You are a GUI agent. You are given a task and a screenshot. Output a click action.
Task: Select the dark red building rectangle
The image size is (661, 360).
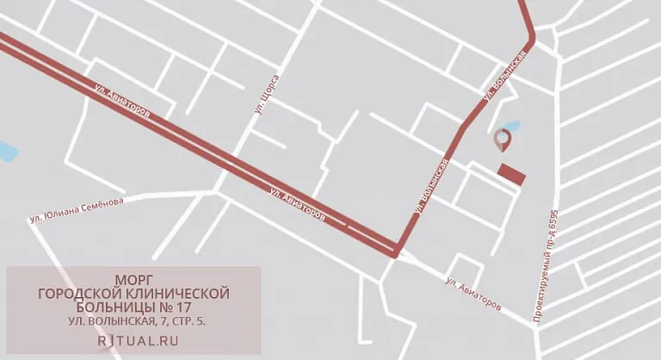pyautogui.click(x=512, y=174)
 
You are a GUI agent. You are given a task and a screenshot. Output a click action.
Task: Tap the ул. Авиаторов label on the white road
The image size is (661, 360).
pyautogui.click(x=473, y=294)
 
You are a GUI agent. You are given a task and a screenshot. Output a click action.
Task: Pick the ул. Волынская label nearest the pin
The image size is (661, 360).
pyautogui.click(x=505, y=77)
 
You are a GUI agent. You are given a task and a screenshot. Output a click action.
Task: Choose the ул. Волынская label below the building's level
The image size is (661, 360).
pyautogui.click(x=431, y=185)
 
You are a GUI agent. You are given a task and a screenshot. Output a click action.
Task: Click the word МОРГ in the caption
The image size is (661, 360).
pyautogui.click(x=133, y=281)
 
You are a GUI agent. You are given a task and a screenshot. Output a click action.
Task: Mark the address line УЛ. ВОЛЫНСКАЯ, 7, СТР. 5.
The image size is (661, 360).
pyautogui.click(x=133, y=321)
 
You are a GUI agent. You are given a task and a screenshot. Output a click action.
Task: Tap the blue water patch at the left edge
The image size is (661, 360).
pyautogui.click(x=7, y=152)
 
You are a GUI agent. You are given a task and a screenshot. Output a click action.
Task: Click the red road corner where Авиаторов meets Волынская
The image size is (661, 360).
pyautogui.click(x=395, y=251)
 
